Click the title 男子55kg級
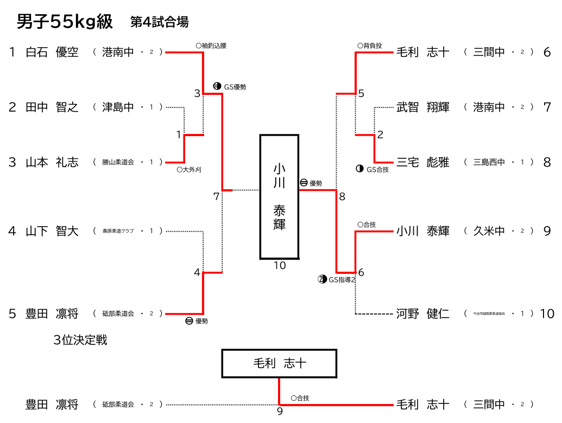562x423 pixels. click(65, 22)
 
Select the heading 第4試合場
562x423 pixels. click(159, 22)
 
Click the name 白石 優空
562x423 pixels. click(52, 52)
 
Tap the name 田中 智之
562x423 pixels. click(52, 107)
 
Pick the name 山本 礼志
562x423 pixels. click(52, 162)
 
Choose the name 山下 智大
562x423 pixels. click(52, 232)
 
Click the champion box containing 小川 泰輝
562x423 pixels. click(279, 196)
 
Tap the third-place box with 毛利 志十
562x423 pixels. click(279, 363)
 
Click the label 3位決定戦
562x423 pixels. click(80, 340)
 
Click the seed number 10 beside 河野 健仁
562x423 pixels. click(547, 313)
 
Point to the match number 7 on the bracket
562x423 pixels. click(216, 197)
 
